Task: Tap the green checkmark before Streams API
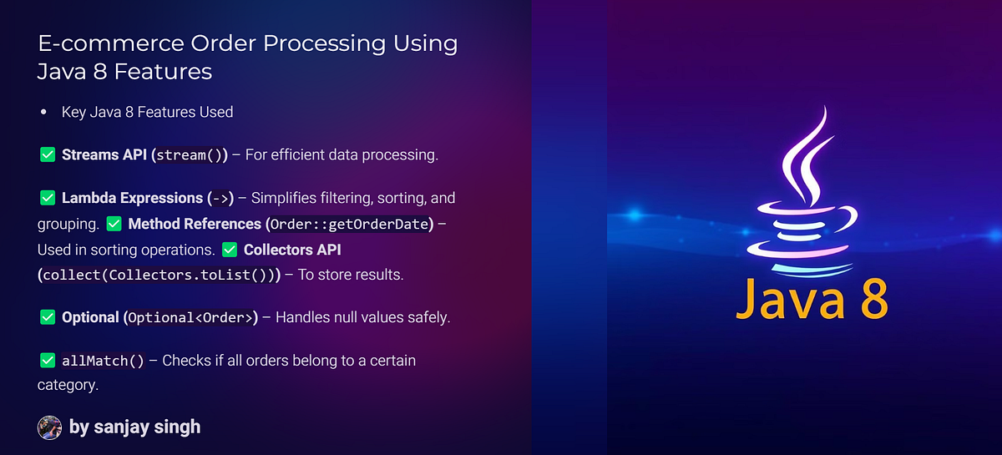47,154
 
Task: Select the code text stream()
189,155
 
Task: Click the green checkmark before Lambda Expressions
47,199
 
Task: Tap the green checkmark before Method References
114,225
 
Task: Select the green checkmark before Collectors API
229,250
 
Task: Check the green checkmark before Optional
47,317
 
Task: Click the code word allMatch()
103,361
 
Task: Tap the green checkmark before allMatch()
47,361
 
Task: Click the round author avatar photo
50,427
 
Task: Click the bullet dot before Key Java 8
43,112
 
